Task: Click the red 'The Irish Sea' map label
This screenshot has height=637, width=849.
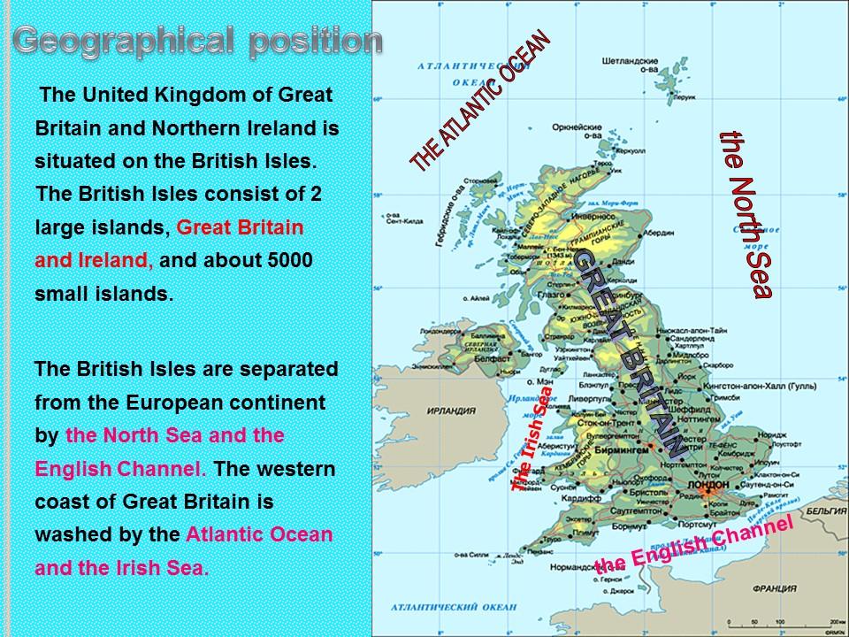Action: [532, 438]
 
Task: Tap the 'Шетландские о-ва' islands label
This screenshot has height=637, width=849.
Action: [629, 65]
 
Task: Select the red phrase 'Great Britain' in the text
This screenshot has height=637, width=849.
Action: [240, 227]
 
